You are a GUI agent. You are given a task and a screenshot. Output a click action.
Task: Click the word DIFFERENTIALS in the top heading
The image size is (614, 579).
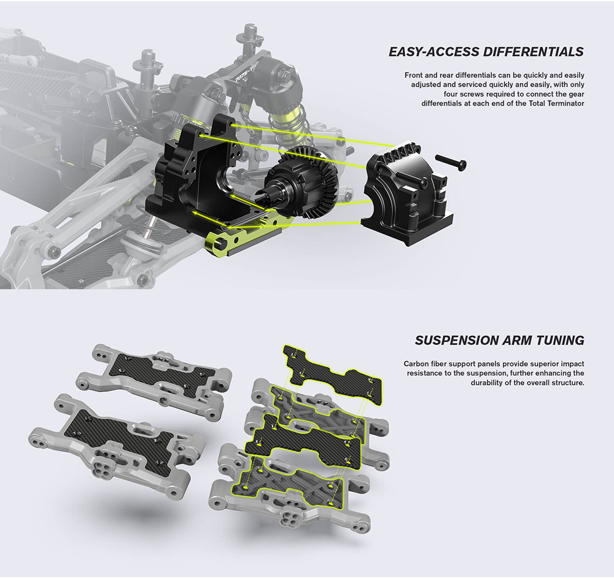pos(533,52)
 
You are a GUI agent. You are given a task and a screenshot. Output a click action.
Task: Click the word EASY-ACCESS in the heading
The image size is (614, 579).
pos(434,52)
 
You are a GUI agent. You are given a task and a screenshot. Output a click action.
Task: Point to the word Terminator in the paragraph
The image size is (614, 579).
pos(566,103)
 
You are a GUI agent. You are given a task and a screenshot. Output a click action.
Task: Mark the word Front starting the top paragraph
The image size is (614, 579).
pos(413,75)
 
